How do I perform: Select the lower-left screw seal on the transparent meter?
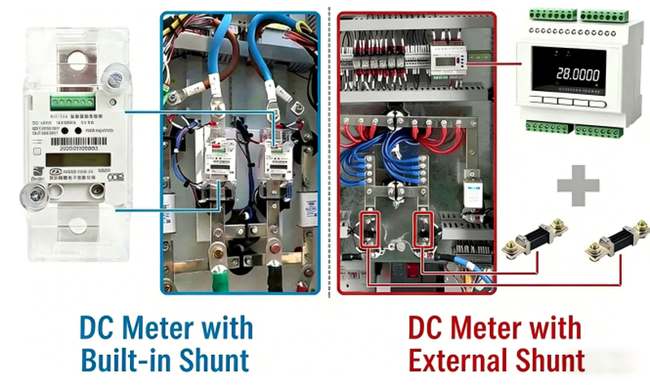point(34,196)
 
